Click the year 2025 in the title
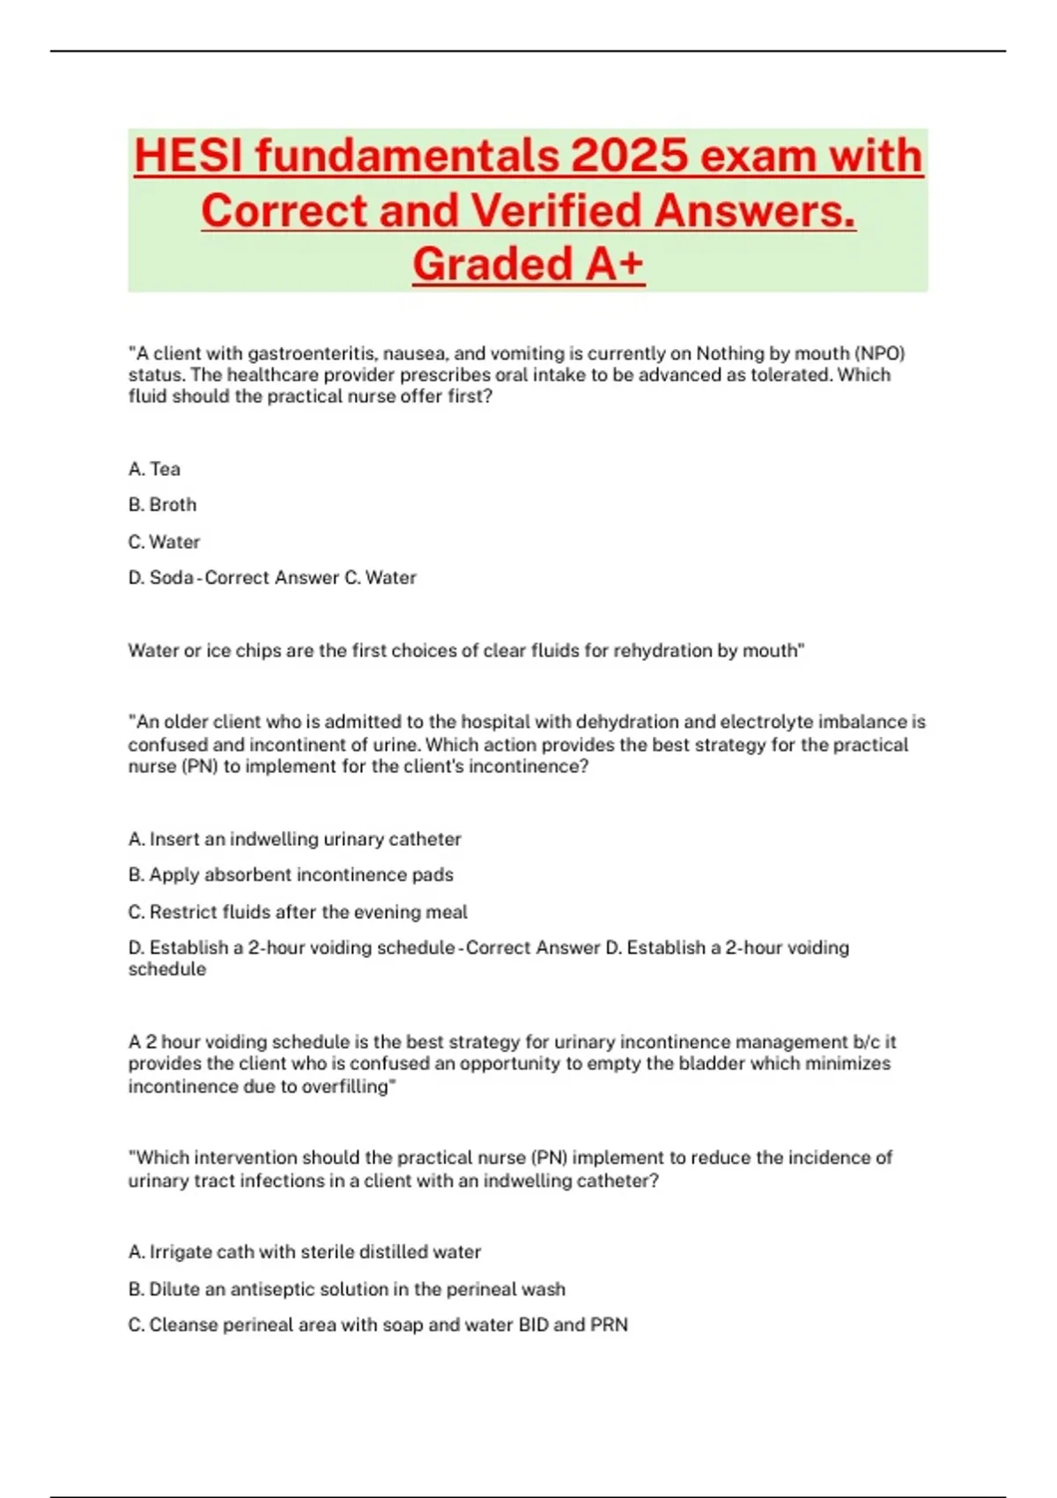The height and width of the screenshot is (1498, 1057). (628, 156)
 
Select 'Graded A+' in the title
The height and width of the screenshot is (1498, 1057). (528, 263)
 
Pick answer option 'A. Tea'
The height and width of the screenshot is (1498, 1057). (154, 469)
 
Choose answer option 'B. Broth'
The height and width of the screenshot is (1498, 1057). (162, 505)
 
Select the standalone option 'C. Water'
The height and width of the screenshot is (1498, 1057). (164, 542)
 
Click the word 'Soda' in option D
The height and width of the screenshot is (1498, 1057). (171, 578)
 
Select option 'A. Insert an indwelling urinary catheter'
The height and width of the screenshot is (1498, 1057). (294, 839)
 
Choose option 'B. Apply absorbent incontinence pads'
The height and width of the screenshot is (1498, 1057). (291, 875)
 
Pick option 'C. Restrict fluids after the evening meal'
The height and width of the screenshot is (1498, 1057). (298, 912)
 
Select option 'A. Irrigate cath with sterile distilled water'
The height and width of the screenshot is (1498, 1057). (305, 1252)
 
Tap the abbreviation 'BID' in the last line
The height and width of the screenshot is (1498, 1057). (534, 1325)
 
